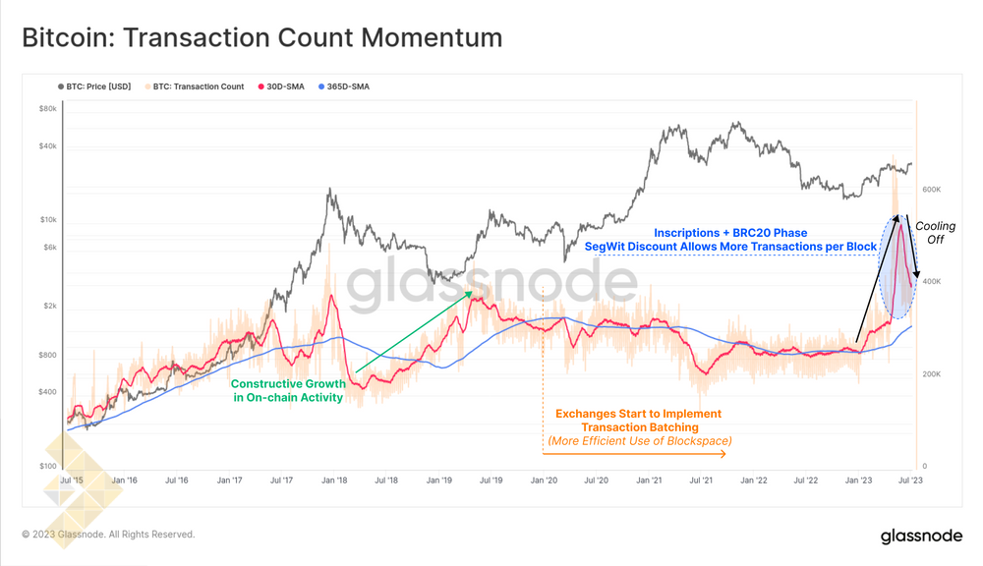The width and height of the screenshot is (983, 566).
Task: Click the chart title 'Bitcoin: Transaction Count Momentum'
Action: coord(261,37)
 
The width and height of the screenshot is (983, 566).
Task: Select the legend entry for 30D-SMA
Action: coord(284,86)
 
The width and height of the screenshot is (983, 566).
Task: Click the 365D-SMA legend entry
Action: coord(343,86)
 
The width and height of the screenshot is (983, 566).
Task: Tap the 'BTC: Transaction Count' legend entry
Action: coord(200,86)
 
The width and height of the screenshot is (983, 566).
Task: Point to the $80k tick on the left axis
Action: coord(48,109)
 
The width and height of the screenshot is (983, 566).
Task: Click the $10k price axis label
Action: coord(48,219)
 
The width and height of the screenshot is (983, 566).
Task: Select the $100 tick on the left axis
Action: coord(48,467)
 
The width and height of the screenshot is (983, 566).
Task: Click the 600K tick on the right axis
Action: coord(931,189)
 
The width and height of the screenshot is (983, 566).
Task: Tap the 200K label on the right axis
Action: coord(931,374)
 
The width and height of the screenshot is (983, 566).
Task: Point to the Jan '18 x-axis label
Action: coord(334,481)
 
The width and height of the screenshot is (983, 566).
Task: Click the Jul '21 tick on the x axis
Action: coord(701,481)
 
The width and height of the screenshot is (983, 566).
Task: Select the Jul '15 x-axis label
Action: coord(71,481)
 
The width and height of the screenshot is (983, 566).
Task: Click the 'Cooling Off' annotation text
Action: coord(935,232)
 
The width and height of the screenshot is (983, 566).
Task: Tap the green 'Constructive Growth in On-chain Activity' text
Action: coord(287,391)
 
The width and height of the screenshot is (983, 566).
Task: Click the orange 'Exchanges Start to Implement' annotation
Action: coord(638,414)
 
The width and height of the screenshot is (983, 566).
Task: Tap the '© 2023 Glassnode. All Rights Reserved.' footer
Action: coord(109,535)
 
